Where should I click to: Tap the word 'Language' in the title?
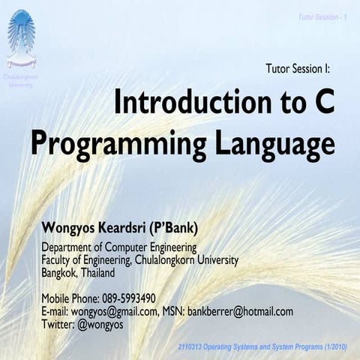268,142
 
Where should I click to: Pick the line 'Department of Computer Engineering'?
119,247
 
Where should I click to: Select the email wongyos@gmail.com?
114,310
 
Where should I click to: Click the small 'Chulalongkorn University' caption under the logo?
21,80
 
